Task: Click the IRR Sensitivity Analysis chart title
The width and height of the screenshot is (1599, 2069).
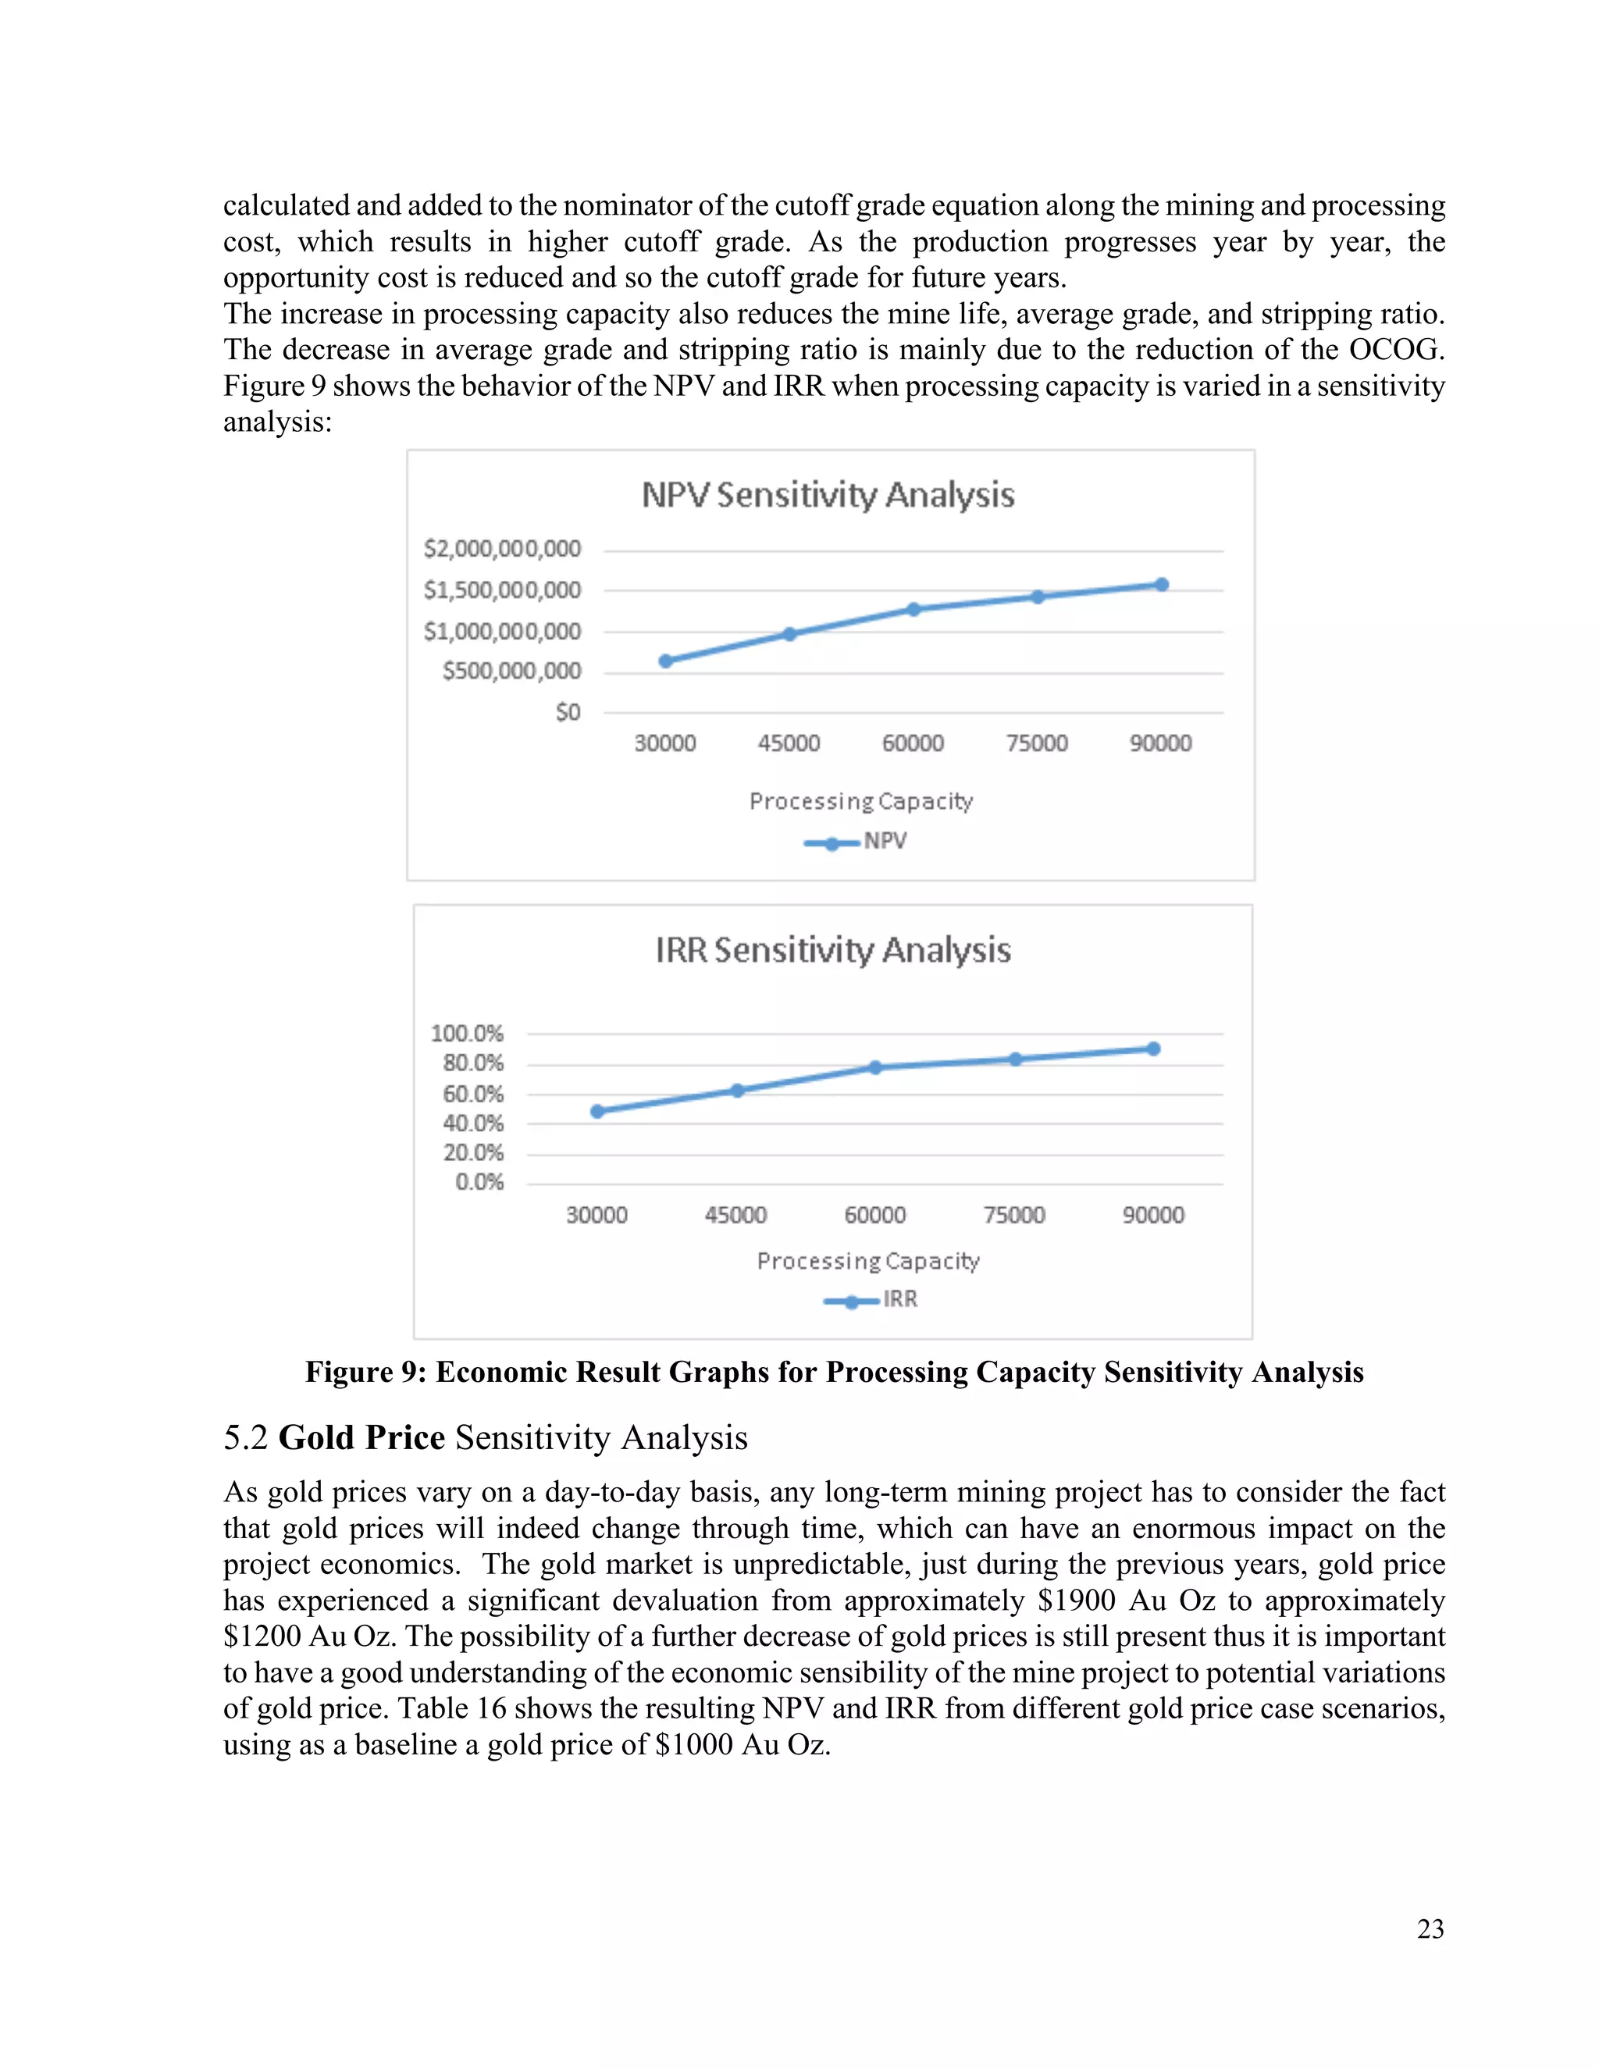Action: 832,950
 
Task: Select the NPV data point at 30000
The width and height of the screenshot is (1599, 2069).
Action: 666,661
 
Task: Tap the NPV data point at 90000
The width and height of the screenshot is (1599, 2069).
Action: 1161,585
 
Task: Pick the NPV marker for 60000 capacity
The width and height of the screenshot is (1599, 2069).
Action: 914,609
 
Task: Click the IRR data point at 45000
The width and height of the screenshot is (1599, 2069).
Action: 737,1091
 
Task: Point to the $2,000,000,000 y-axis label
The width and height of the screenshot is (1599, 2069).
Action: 502,549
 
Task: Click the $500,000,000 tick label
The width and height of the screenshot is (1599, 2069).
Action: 511,671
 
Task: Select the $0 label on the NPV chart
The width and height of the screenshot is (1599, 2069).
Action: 568,711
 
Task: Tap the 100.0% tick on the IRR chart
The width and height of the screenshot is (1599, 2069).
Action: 467,1033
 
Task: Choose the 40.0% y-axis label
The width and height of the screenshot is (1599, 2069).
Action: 472,1124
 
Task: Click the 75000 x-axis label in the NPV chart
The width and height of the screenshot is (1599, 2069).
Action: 1036,742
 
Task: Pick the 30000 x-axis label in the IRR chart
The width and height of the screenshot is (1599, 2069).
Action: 597,1215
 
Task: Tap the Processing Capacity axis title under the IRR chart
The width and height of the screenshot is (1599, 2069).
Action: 867,1261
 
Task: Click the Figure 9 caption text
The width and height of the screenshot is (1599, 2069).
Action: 834,1372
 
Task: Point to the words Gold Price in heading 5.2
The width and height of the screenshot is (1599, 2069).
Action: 361,1437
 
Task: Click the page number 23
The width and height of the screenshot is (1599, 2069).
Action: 1430,1928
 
